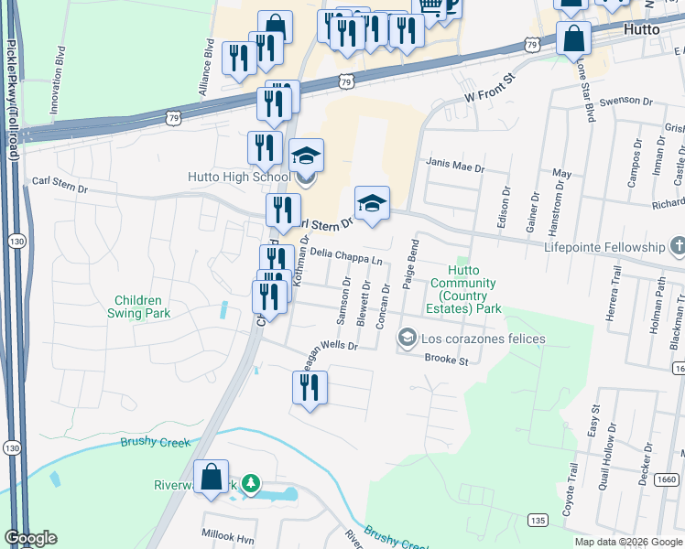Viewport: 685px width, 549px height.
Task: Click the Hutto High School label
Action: (239, 177)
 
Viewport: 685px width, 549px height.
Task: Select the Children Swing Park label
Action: (138, 307)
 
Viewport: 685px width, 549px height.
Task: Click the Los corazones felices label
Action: (483, 339)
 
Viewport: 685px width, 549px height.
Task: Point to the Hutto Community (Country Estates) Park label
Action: (462, 289)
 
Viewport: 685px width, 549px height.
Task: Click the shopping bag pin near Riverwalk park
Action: (211, 478)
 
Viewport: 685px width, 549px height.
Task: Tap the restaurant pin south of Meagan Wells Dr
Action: (310, 388)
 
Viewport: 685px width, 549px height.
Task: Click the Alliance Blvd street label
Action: (206, 69)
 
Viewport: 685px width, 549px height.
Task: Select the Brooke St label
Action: (447, 361)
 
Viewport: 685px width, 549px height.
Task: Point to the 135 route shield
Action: (539, 521)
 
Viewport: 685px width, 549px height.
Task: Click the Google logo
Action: (30, 538)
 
